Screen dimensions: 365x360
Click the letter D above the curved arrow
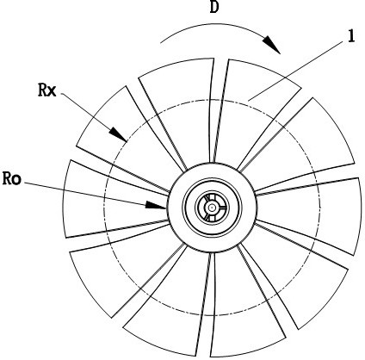click(x=214, y=7)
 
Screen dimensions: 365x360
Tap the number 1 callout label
click(x=351, y=37)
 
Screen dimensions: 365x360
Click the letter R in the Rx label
click(x=42, y=90)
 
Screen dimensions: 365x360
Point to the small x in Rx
click(x=52, y=91)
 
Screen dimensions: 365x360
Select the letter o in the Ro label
click(x=16, y=180)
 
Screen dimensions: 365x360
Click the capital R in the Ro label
click(x=7, y=178)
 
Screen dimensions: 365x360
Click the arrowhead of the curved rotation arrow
click(x=272, y=45)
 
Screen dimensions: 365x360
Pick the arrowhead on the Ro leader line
click(x=156, y=205)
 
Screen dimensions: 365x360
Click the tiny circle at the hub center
click(x=212, y=207)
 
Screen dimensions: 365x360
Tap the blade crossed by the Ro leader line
click(x=114, y=198)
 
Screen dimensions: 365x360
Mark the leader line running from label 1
click(x=295, y=71)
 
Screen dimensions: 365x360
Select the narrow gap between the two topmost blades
click(x=219, y=112)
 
